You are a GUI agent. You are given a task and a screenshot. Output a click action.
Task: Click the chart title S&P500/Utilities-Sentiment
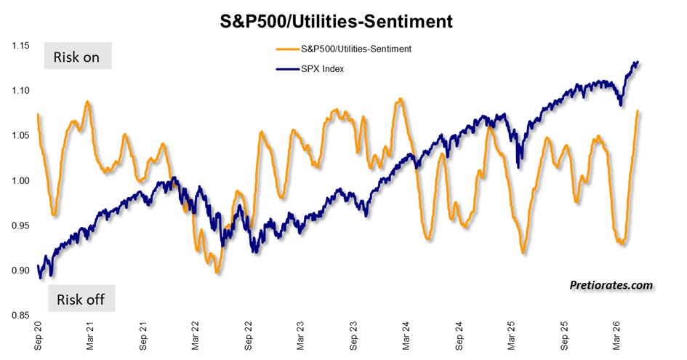[336, 20]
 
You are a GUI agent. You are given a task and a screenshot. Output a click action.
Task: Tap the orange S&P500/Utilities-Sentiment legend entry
[344, 49]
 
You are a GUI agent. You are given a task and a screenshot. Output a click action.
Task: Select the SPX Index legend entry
[310, 69]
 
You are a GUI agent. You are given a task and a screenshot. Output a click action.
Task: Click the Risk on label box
[78, 56]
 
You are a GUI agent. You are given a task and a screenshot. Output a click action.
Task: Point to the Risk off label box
[81, 299]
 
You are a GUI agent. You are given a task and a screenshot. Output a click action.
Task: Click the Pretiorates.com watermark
[611, 285]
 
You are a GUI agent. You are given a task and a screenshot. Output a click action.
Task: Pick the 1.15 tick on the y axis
[20, 46]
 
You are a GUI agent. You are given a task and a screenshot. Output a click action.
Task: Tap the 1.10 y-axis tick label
[20, 90]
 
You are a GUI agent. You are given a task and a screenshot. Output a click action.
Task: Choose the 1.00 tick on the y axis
[20, 180]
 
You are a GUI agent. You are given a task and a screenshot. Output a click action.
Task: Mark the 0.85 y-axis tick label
[20, 315]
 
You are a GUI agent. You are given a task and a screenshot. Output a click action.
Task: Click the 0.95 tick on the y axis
[20, 225]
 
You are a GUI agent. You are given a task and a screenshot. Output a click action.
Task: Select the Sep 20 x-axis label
[38, 336]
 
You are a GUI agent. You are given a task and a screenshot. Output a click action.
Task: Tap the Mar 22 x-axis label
[196, 336]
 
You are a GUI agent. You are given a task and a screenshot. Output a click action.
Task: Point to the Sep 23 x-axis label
[353, 336]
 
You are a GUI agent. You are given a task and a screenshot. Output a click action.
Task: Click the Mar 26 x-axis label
[617, 336]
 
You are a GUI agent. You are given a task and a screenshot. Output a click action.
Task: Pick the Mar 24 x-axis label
[406, 336]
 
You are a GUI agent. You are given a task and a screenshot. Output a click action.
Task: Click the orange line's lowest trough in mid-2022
[217, 273]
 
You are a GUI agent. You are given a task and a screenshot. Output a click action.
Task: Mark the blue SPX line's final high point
[637, 62]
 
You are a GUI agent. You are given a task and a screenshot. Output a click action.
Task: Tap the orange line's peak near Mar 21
[88, 102]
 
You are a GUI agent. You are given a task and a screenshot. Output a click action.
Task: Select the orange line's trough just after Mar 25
[523, 252]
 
